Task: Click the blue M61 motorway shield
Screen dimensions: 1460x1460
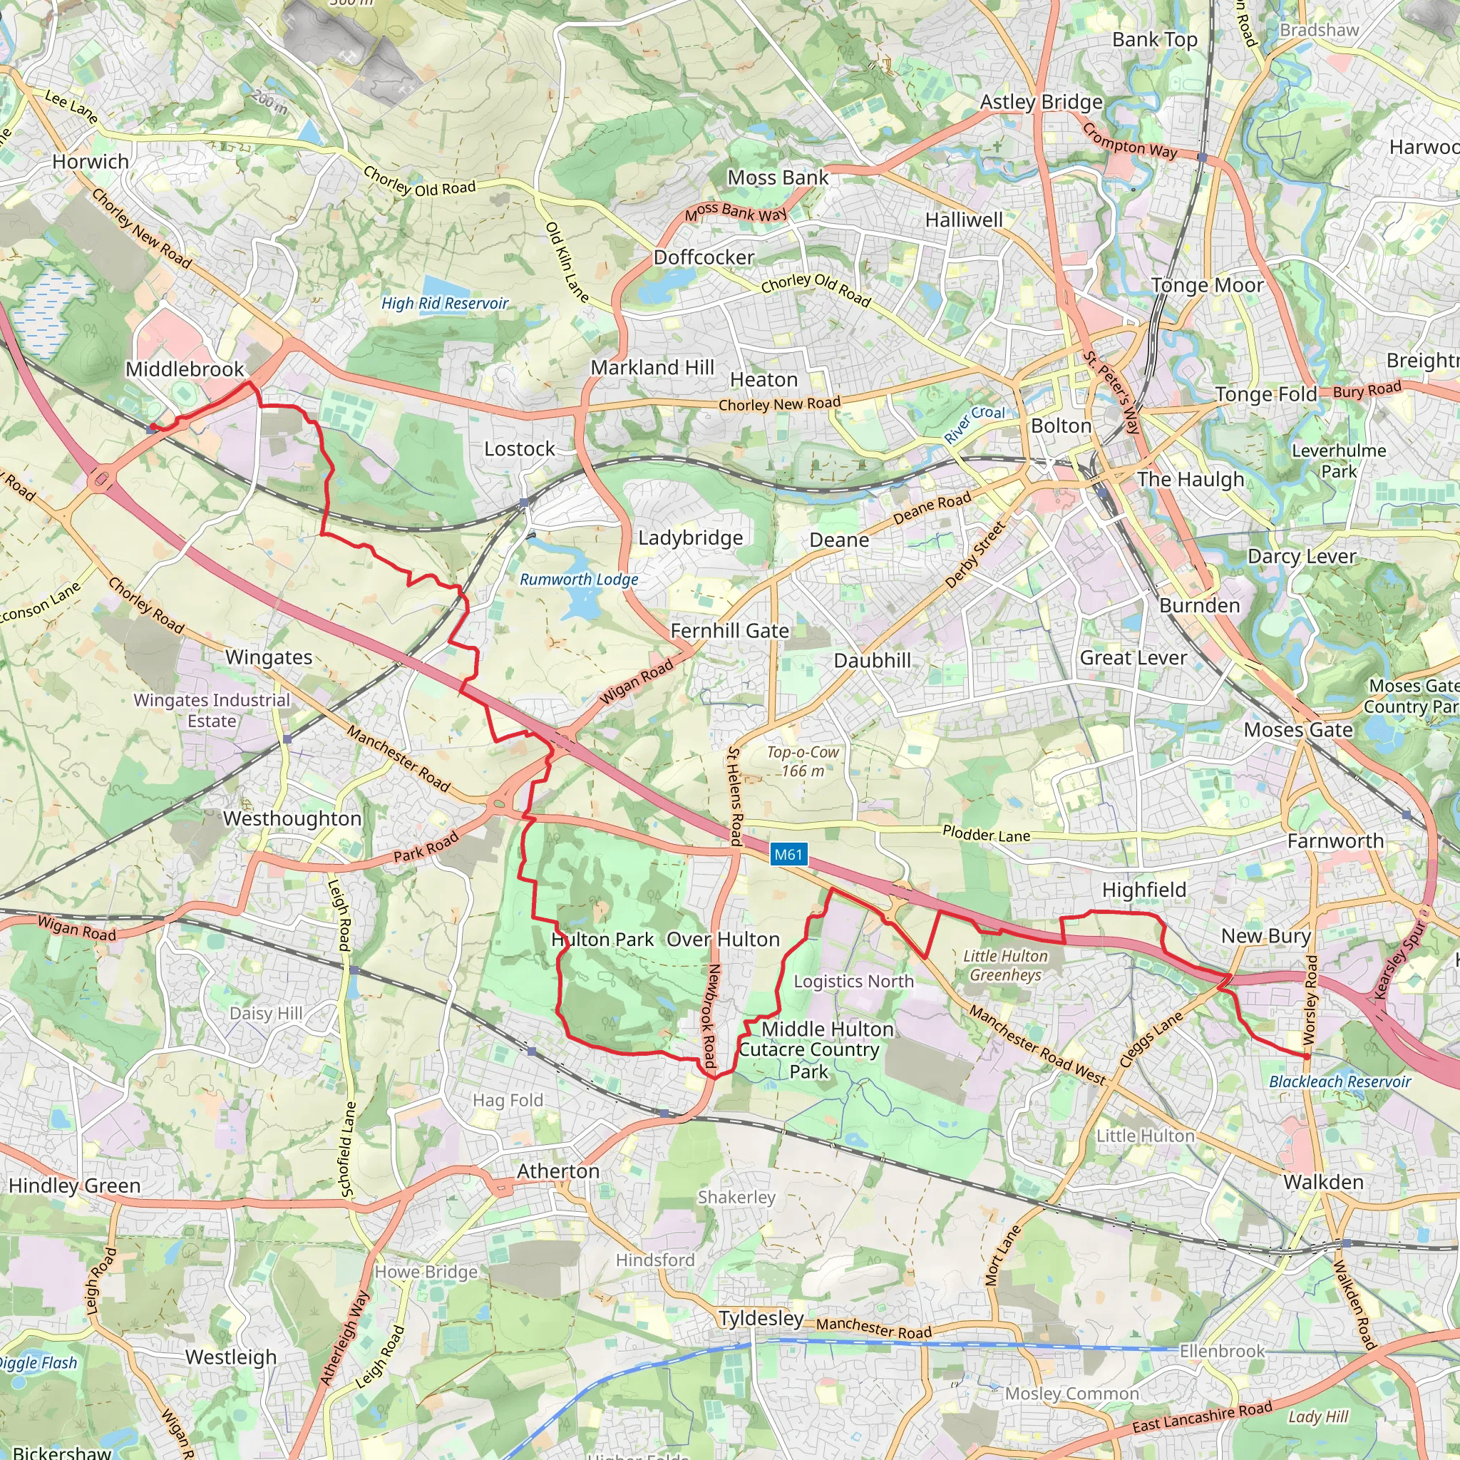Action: tap(788, 855)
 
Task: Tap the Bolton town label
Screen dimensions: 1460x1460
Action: tap(1061, 426)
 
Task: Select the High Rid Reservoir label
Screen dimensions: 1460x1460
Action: tap(444, 304)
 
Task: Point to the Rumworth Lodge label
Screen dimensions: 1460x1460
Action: tap(579, 580)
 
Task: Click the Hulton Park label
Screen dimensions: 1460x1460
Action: tap(602, 940)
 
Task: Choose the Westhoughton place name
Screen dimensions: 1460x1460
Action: tap(292, 819)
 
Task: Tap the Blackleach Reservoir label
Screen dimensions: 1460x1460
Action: tap(1339, 1082)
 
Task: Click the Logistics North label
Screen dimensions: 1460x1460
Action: tap(853, 982)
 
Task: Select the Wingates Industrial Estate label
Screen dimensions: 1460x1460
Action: tap(212, 710)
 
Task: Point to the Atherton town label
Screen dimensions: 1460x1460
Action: tap(557, 1171)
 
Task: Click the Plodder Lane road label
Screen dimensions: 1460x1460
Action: tap(985, 835)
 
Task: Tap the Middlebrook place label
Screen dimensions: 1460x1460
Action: tap(185, 369)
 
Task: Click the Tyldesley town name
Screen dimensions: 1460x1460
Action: tap(760, 1319)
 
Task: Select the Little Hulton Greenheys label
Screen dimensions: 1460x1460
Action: tap(1005, 966)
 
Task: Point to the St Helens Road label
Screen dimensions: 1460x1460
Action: tap(734, 796)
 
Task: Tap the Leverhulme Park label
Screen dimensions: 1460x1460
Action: tap(1338, 461)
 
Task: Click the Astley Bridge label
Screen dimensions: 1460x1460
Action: tap(1041, 102)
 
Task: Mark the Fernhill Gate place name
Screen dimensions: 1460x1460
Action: tap(729, 631)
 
